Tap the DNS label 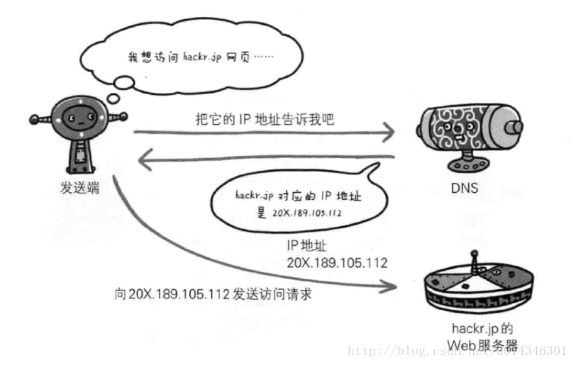click(464, 189)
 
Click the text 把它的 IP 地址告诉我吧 click(264, 120)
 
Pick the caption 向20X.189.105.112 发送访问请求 click(212, 293)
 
